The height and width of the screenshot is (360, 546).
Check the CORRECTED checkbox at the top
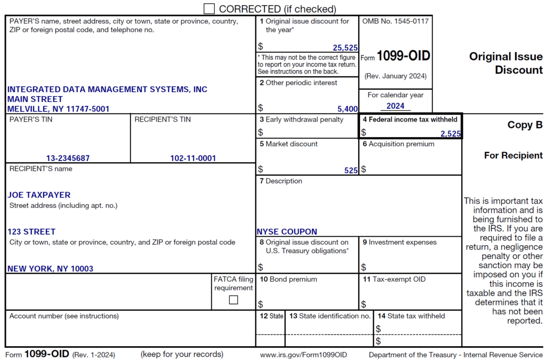[210, 9]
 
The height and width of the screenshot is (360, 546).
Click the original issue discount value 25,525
[345, 48]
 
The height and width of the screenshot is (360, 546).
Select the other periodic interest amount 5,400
[348, 109]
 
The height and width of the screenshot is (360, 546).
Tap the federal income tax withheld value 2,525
[451, 134]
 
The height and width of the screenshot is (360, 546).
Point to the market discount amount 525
[351, 171]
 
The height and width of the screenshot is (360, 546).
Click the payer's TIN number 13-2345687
[68, 158]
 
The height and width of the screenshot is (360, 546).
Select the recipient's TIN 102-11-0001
[193, 158]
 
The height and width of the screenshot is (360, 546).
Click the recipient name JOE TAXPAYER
[39, 195]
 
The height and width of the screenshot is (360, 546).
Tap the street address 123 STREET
[31, 232]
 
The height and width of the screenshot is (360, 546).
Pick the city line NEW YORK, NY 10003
[50, 269]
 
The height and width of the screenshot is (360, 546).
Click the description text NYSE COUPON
[287, 232]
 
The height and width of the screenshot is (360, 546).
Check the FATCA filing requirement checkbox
[234, 300]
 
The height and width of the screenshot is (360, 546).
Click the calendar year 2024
[396, 106]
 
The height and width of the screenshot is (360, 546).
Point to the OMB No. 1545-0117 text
[395, 21]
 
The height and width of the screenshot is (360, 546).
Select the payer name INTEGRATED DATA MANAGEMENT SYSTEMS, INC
[107, 90]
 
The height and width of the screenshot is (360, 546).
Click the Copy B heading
[525, 125]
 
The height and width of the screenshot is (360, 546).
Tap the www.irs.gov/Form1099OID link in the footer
[303, 355]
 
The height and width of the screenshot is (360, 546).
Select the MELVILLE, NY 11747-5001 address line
[59, 109]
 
